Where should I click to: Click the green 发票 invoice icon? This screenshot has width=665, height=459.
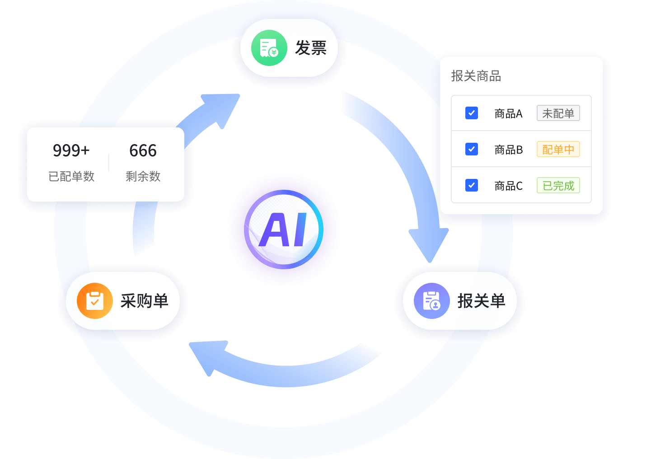(269, 48)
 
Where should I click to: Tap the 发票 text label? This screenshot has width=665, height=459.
(311, 48)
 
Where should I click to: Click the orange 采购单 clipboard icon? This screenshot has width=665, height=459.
(95, 301)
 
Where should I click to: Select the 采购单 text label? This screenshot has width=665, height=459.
(144, 301)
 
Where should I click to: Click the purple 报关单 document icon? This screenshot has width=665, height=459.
(431, 301)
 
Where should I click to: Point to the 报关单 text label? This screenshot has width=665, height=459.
(481, 301)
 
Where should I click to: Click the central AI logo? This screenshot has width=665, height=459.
(284, 229)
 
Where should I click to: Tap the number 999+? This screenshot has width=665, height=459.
(71, 150)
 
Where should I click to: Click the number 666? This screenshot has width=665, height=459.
(143, 150)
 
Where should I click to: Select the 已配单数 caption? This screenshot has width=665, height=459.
(71, 176)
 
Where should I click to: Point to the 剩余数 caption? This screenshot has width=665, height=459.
(143, 176)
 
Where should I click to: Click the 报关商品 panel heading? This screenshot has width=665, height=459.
(476, 76)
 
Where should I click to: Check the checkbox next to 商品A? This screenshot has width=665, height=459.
(472, 113)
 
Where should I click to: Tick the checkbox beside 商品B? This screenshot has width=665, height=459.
(472, 149)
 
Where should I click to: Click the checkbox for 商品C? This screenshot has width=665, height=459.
(472, 185)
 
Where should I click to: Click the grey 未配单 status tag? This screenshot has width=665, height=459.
(558, 113)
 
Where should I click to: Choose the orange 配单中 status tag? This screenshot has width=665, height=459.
(558, 149)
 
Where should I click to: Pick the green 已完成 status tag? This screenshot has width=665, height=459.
(558, 185)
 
